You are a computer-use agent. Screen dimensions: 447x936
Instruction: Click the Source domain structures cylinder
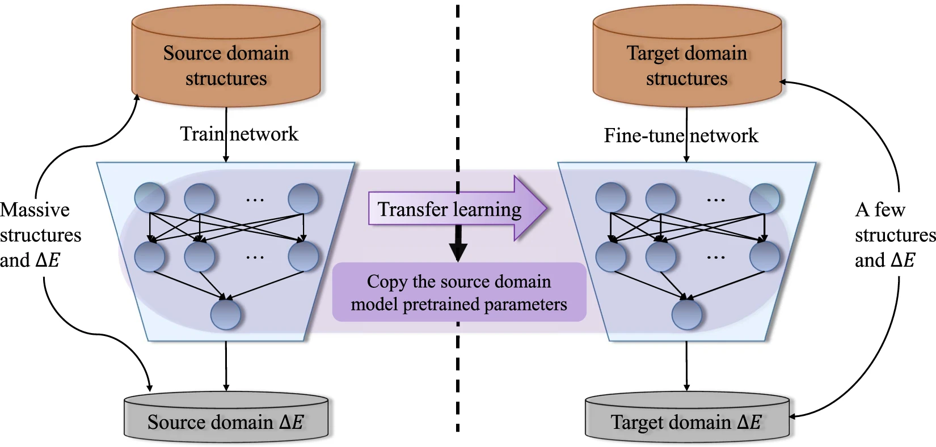pyautogui.click(x=226, y=65)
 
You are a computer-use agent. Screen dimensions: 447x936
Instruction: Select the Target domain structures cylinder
pyautogui.click(x=686, y=65)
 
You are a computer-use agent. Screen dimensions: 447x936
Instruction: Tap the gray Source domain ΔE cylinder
pyautogui.click(x=226, y=422)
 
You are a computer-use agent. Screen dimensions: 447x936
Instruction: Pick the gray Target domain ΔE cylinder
pyautogui.click(x=686, y=422)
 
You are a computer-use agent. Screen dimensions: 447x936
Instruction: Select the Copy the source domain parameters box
pyautogui.click(x=459, y=292)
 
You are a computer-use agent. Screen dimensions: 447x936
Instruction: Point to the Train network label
pyautogui.click(x=239, y=134)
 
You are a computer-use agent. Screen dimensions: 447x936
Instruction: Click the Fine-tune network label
pyautogui.click(x=681, y=135)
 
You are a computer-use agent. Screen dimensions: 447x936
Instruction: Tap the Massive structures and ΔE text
pyautogui.click(x=40, y=235)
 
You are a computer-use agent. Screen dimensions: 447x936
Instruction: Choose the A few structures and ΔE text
pyautogui.click(x=893, y=235)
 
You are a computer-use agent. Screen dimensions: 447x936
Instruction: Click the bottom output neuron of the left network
pyautogui.click(x=226, y=314)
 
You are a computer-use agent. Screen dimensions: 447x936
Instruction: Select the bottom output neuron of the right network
pyautogui.click(x=687, y=314)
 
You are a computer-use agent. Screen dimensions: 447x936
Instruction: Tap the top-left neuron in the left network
pyautogui.click(x=150, y=198)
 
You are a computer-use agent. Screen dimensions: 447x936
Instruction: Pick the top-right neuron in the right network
pyautogui.click(x=765, y=198)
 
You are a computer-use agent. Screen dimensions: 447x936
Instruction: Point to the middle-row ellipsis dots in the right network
pyautogui.click(x=716, y=257)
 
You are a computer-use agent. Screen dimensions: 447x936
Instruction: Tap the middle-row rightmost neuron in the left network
pyautogui.click(x=303, y=256)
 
